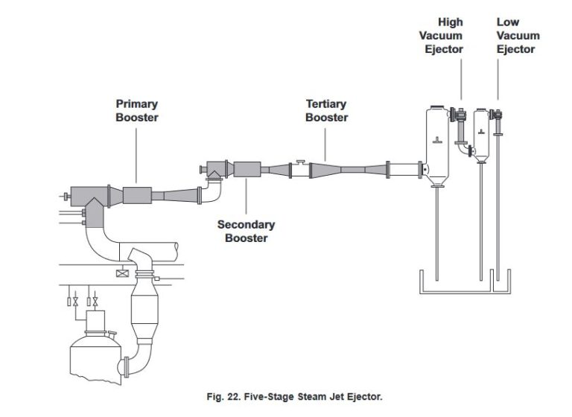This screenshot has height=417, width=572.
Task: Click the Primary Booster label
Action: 136,111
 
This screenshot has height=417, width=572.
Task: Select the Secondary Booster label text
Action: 246,231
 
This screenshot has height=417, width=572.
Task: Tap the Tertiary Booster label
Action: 326,111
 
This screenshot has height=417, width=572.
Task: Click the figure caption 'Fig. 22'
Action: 294,397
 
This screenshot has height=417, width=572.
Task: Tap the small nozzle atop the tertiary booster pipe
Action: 299,162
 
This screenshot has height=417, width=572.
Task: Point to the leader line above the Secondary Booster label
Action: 247,198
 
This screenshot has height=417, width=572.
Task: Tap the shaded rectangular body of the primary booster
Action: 136,196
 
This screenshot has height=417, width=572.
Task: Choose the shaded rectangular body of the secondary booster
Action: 247,170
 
